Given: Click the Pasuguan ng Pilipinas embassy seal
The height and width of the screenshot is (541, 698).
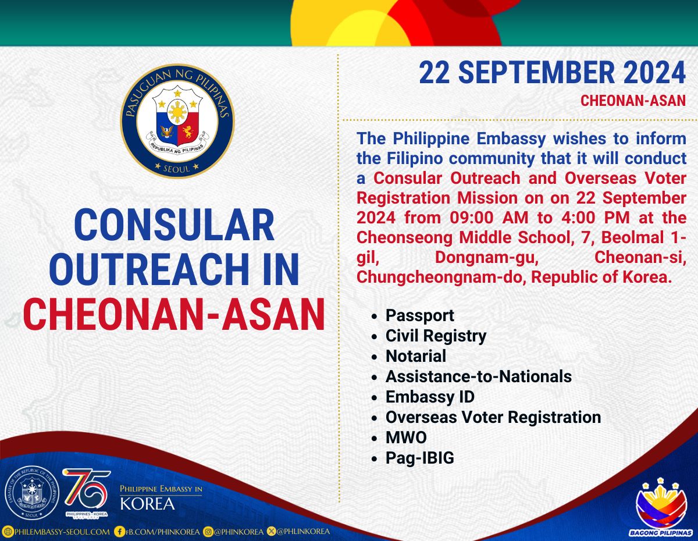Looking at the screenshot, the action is point(177,121).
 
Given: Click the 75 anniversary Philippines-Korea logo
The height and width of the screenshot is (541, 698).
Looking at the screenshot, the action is point(87,493).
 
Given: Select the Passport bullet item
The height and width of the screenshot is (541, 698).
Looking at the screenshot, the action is point(419,315).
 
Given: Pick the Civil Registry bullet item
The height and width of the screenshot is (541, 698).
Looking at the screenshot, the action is point(436,336).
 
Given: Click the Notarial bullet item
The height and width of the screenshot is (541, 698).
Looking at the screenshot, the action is point(416,356).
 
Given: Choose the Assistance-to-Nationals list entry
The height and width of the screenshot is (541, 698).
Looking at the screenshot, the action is point(479,376).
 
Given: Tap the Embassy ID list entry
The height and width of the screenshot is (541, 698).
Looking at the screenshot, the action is point(430,397).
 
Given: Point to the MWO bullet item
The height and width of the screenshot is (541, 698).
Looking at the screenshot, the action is point(406,437).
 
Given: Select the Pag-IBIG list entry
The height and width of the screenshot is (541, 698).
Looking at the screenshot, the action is point(420,458).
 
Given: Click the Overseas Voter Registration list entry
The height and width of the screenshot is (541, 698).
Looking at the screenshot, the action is point(493,417).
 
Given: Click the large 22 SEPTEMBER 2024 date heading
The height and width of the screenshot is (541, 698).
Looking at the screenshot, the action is point(552,73).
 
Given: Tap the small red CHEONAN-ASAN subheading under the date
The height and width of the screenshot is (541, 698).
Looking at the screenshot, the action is point(633,101).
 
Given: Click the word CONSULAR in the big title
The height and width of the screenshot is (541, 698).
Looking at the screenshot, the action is point(174,225).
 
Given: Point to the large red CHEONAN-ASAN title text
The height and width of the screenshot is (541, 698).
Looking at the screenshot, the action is point(174,314).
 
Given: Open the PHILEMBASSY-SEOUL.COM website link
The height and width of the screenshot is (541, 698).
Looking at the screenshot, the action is point(62,532).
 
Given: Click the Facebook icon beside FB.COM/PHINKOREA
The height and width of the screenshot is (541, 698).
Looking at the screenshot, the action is point(119,532).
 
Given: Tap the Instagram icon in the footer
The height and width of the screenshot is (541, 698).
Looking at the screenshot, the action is point(208,532).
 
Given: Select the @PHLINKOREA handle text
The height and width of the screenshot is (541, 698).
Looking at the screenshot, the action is point(303,532).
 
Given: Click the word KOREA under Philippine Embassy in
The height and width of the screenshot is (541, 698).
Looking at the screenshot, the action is point(147,504).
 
